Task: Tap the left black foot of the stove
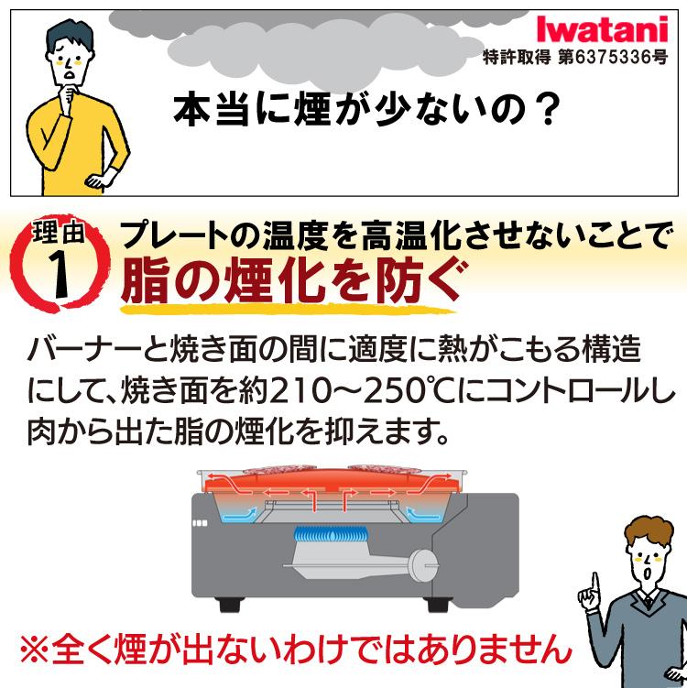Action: click(229, 605)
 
